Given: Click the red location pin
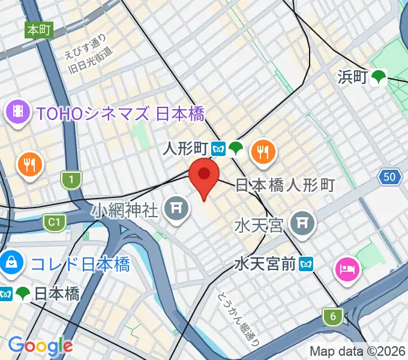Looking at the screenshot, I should tap(204, 175).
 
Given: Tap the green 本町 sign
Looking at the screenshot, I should tap(39, 29).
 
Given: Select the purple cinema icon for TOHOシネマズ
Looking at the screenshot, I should tap(19, 110).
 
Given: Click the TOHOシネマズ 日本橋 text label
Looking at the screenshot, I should tap(120, 113).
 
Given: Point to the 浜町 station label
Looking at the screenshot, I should tap(351, 76).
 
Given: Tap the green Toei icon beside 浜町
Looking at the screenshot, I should tap(378, 76).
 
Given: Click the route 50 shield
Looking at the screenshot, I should tap(390, 176).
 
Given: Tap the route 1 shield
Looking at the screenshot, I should tap(71, 179).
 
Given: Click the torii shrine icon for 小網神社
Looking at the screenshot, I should tap(176, 208).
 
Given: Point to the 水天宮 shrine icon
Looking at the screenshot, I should tap(301, 224).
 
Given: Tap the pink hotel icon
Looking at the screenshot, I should tap(347, 268).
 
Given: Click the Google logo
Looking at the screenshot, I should tap(40, 346).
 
